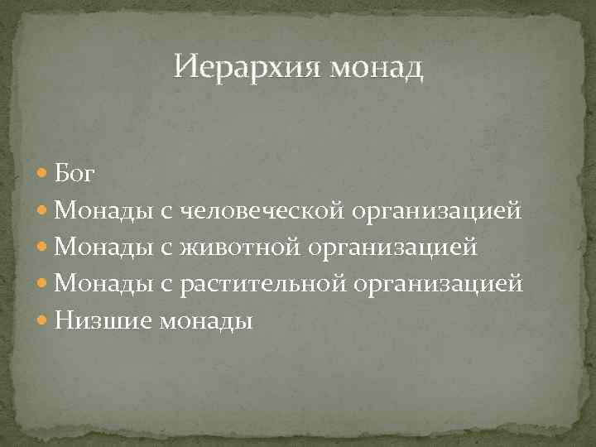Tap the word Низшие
point(90,320)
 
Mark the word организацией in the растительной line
point(439,285)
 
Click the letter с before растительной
point(166,285)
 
